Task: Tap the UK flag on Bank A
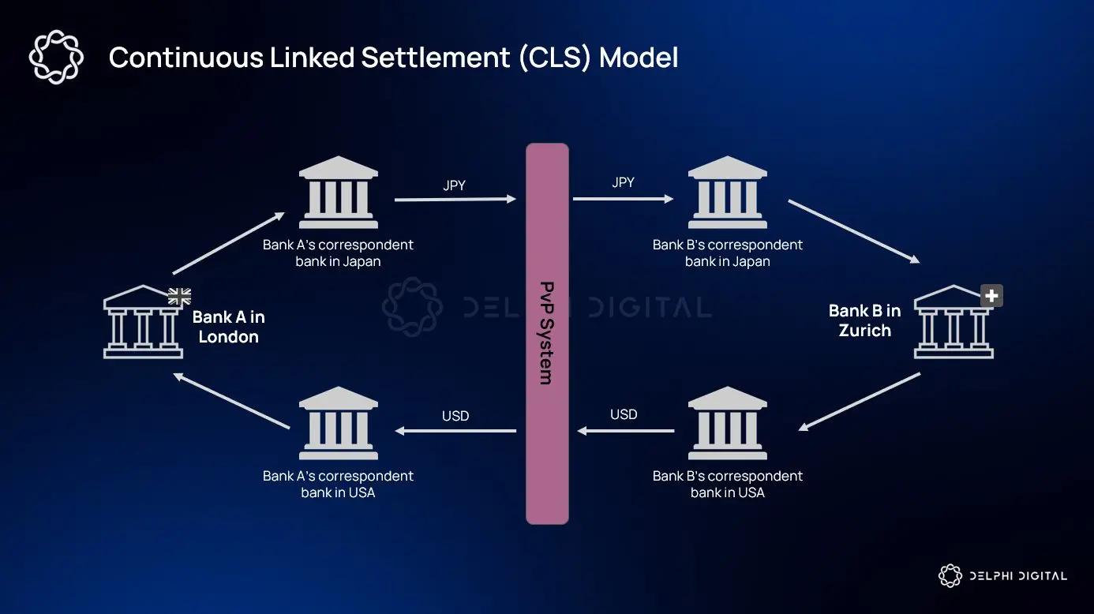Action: click(x=179, y=297)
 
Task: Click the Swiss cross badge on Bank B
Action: click(x=991, y=297)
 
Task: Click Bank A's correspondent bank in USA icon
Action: click(x=339, y=423)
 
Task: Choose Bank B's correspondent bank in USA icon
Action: click(x=727, y=423)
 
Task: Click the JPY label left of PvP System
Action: click(x=455, y=186)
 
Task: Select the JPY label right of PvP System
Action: click(x=623, y=182)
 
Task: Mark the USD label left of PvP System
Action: click(x=455, y=416)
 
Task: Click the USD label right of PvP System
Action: click(x=624, y=414)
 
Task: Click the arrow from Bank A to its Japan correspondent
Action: click(x=227, y=242)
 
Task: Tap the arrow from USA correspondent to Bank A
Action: click(x=231, y=402)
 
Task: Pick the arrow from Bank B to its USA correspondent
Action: click(x=859, y=402)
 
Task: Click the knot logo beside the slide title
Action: click(x=55, y=57)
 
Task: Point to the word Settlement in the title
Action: click(x=435, y=58)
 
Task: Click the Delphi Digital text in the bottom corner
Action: click(x=1017, y=576)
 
